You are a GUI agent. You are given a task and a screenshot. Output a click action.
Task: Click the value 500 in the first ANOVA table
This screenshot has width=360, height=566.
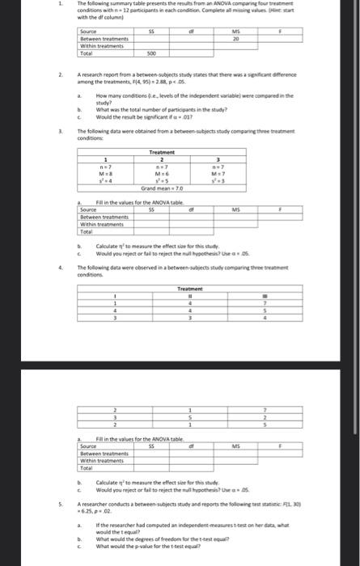(x=150, y=55)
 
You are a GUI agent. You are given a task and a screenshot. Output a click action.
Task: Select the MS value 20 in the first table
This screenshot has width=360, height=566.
(x=236, y=38)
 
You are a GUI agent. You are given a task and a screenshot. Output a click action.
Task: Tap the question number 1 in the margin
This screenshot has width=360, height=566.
(x=49, y=4)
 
